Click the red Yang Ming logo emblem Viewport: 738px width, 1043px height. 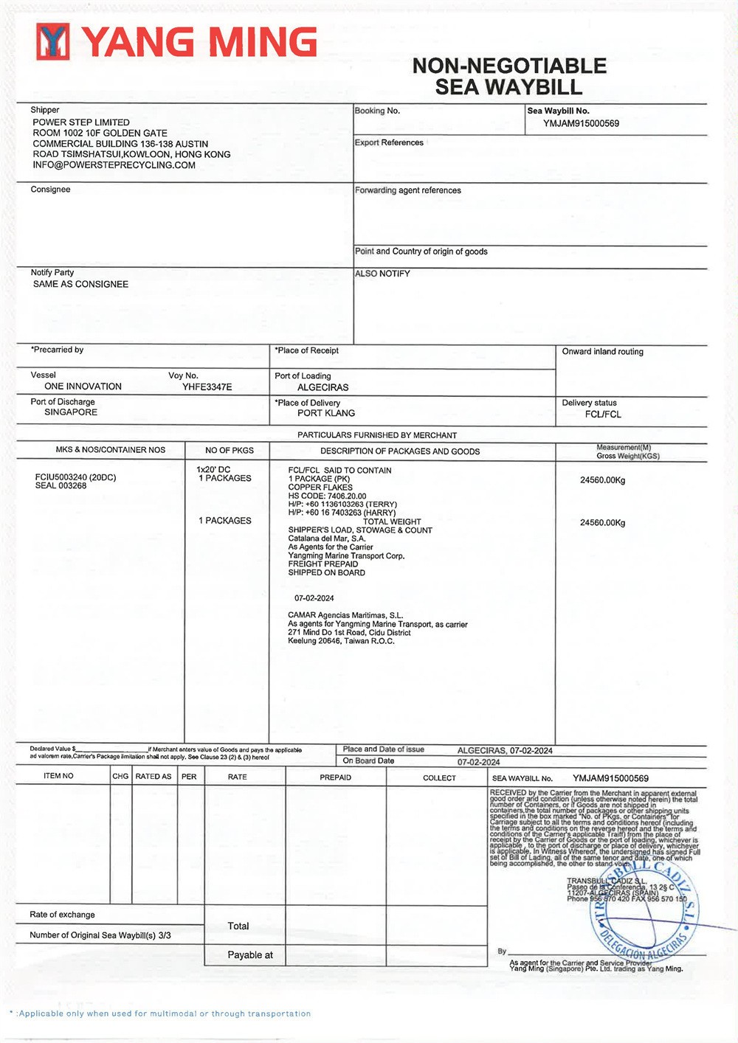tap(52, 41)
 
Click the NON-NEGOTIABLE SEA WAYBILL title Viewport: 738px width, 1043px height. tap(509, 76)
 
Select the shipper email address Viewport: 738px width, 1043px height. tap(114, 165)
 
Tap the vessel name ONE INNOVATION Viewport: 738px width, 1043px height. tap(83, 387)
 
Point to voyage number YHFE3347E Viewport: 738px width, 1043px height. tap(207, 387)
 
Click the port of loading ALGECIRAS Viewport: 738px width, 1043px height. tap(323, 387)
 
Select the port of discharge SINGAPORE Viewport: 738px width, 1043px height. tap(71, 412)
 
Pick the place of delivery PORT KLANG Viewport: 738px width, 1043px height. tap(325, 413)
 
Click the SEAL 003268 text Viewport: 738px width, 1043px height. tap(61, 486)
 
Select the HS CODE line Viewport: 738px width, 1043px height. tap(327, 496)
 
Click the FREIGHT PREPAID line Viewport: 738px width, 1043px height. tap(323, 564)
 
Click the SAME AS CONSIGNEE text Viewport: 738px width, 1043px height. tap(80, 284)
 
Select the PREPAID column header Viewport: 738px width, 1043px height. tap(335, 777)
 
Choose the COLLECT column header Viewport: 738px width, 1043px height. tap(439, 778)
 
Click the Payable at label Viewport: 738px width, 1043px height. tap(249, 955)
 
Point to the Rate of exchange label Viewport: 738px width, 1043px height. tap(62, 915)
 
